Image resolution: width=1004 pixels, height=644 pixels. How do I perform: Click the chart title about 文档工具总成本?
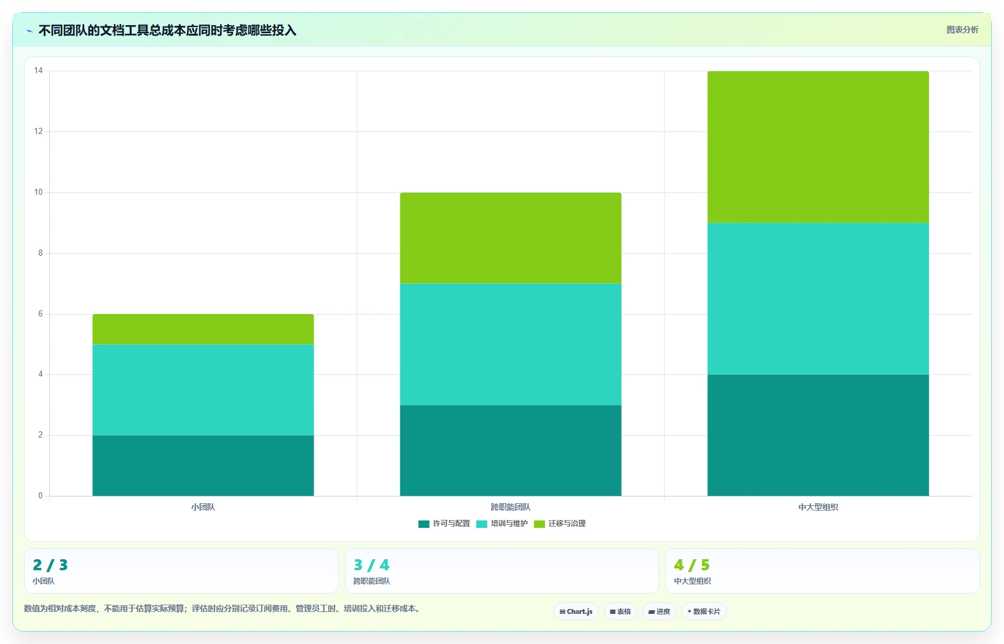[x=167, y=31]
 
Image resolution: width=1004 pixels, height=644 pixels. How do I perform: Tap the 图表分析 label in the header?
[x=962, y=29]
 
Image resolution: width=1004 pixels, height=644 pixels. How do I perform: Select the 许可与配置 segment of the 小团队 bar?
[x=203, y=465]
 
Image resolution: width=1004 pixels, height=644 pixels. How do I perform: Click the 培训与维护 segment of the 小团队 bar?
[x=203, y=390]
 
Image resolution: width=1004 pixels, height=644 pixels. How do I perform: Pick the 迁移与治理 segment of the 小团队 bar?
[x=203, y=329]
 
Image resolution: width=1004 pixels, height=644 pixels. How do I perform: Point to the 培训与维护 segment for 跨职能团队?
[x=510, y=344]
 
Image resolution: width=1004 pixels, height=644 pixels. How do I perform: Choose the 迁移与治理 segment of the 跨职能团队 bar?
[x=510, y=238]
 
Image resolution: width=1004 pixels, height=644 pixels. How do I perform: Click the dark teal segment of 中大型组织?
[x=818, y=435]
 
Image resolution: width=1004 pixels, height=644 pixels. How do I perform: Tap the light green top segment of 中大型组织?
[x=818, y=147]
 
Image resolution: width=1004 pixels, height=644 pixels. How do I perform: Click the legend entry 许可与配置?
[x=444, y=524]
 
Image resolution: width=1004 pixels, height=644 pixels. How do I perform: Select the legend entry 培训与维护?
[x=502, y=524]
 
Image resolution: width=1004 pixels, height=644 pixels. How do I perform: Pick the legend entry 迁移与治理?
[x=560, y=524]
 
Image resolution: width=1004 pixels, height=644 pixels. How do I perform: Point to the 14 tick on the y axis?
[x=38, y=70]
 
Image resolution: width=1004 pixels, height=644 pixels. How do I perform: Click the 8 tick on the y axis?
[x=41, y=253]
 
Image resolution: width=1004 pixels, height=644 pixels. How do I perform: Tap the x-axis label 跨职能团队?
[x=510, y=507]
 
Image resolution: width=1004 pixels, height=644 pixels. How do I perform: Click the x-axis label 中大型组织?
[x=818, y=507]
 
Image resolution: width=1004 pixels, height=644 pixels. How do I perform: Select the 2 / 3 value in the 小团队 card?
[x=50, y=565]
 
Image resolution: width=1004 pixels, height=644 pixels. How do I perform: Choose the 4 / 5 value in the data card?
[x=692, y=565]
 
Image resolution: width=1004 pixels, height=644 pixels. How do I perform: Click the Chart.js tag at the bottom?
[x=576, y=611]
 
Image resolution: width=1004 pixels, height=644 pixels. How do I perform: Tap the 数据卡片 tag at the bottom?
[x=704, y=611]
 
